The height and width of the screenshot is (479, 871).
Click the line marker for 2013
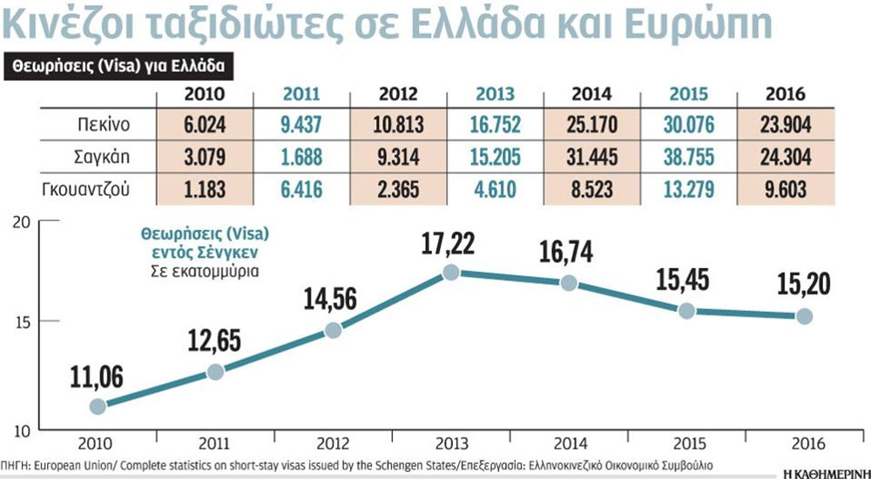pyautogui.click(x=450, y=273)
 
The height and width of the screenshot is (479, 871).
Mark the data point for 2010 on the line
pyautogui.click(x=98, y=406)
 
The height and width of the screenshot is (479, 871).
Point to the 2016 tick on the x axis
pyautogui.click(x=803, y=442)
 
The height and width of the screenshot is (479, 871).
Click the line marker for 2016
pyautogui.click(x=803, y=316)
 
